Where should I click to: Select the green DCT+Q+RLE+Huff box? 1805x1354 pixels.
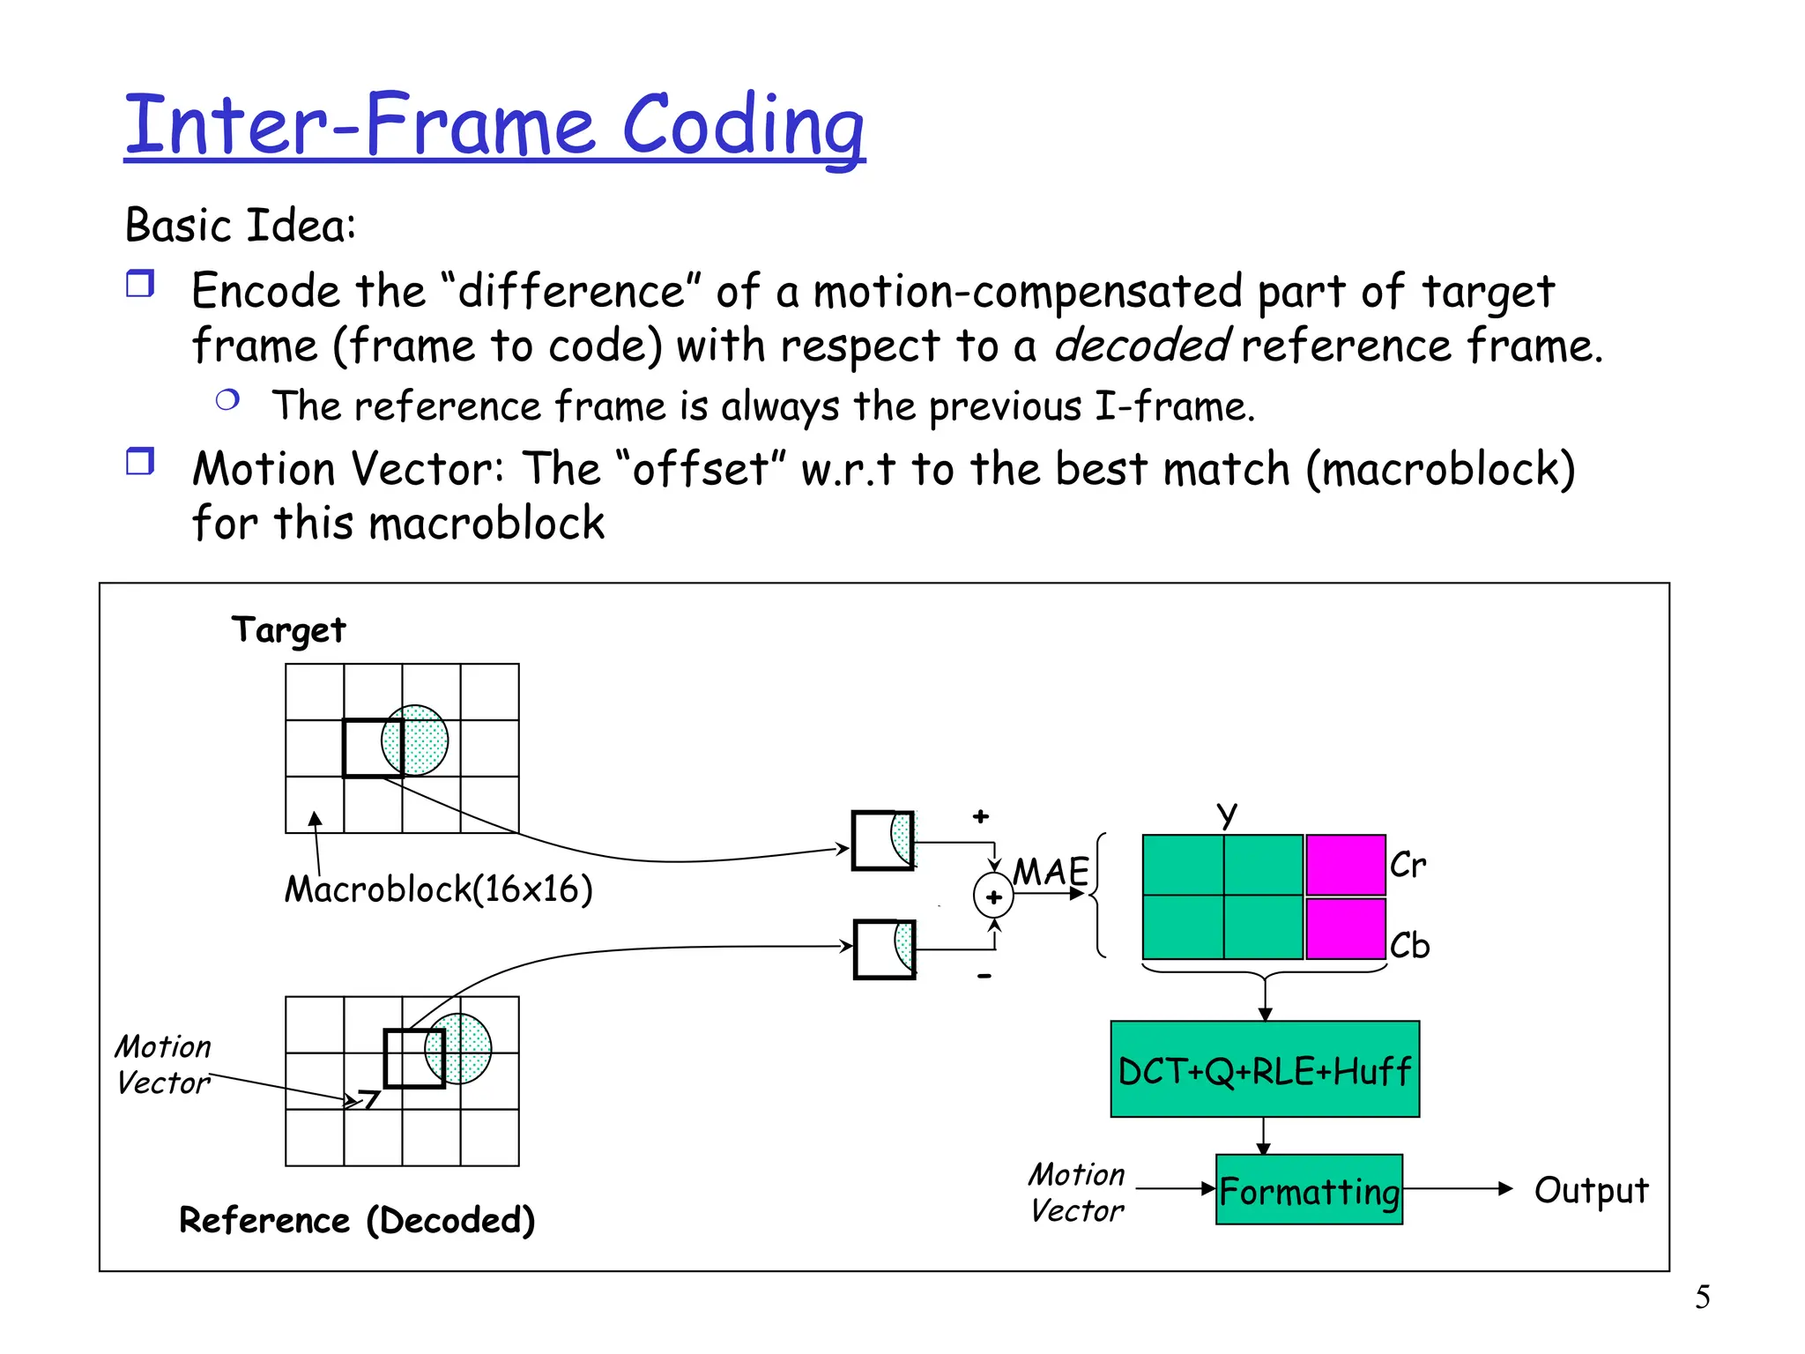coord(1264,1069)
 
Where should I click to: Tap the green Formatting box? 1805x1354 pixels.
coord(1308,1190)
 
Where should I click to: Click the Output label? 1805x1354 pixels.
coord(1590,1190)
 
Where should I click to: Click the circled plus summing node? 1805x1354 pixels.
coord(993,896)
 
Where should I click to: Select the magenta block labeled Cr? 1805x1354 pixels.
coord(1345,865)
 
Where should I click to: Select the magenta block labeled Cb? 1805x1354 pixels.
coord(1345,928)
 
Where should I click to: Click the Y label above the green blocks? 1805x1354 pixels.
coord(1226,815)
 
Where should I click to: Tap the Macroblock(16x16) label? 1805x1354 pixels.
coord(438,889)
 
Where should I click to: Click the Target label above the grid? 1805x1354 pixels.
coord(288,630)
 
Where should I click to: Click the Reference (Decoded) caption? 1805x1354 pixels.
coord(356,1220)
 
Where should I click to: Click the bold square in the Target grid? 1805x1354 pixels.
coord(373,748)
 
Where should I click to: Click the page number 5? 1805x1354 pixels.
coord(1702,1297)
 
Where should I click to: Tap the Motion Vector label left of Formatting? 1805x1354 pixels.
coord(1076,1192)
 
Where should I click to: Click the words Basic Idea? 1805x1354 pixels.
coord(240,225)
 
